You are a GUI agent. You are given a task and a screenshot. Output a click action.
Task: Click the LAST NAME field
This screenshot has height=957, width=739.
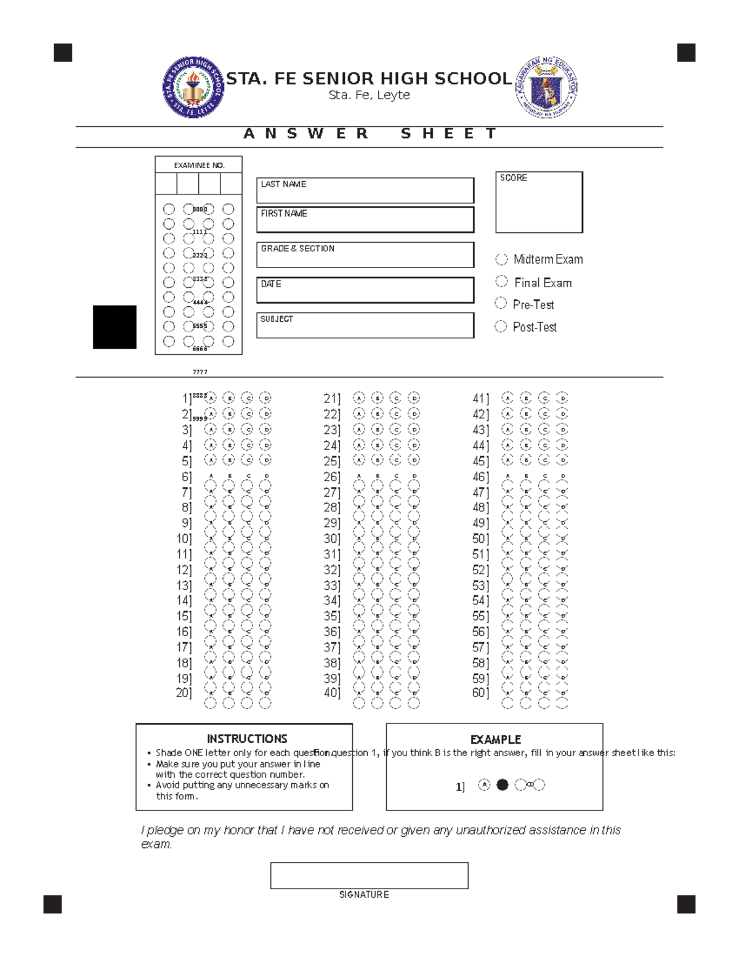(x=365, y=190)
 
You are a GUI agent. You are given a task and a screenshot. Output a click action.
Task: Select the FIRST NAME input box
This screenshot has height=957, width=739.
(x=365, y=220)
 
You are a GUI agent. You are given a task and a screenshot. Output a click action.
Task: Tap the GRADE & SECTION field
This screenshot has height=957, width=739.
(x=365, y=255)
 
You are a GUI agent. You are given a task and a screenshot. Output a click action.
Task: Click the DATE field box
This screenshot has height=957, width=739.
(x=365, y=290)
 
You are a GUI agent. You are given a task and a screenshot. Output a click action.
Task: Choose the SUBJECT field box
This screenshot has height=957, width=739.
(x=365, y=325)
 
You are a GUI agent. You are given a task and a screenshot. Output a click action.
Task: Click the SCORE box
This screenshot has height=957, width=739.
(x=539, y=202)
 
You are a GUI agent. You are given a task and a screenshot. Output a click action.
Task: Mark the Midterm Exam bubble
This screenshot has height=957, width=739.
(x=502, y=259)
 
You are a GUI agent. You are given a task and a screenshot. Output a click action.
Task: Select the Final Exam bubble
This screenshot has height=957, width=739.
(x=502, y=282)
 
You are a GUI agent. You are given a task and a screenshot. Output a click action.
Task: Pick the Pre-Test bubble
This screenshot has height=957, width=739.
(x=501, y=303)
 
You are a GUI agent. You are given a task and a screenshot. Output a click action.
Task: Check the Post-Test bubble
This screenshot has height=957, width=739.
(x=501, y=326)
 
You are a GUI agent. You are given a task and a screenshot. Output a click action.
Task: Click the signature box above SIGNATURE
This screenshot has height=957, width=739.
(x=369, y=875)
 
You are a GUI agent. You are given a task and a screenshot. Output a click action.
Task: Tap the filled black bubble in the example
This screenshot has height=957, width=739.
(x=503, y=784)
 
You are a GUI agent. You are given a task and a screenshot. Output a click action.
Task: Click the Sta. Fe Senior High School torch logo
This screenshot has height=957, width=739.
(x=193, y=88)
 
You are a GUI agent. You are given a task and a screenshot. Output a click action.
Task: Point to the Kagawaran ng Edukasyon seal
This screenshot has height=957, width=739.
(x=546, y=88)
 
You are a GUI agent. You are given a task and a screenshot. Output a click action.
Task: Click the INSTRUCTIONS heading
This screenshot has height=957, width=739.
(x=247, y=738)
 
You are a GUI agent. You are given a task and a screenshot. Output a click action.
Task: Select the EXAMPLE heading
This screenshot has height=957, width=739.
(x=496, y=739)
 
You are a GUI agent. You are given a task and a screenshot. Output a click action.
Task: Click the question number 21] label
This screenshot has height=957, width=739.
(x=332, y=399)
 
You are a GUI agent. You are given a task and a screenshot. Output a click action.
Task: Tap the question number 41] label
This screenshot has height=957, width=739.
(x=480, y=399)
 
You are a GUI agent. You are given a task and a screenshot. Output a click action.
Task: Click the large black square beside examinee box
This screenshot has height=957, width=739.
(x=115, y=327)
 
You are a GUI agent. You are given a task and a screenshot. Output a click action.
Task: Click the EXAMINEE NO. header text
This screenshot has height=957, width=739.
(x=199, y=165)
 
